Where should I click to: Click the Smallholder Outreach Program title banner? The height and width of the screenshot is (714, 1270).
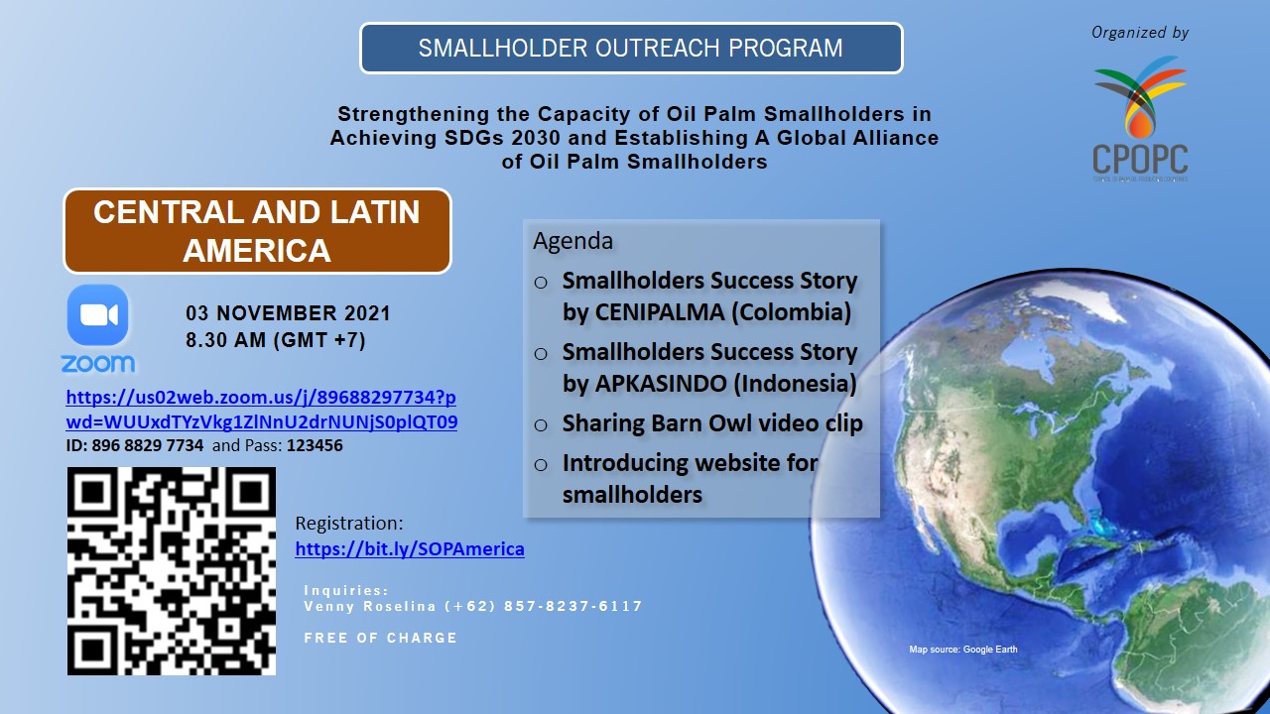point(631,49)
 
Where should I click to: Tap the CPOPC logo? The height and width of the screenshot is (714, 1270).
point(1140,118)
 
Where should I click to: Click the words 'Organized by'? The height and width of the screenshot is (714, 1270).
point(1140,33)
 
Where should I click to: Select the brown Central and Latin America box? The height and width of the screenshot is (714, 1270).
point(257,231)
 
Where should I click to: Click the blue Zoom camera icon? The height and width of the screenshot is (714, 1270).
point(97,315)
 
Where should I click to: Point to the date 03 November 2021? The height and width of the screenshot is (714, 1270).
point(288,313)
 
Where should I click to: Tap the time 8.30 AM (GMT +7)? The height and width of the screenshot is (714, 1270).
point(276,340)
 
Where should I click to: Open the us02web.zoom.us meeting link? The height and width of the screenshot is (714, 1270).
point(261,410)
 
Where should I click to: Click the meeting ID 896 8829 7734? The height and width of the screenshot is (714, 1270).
point(148,445)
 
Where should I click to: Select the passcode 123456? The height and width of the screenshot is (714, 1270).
point(315,445)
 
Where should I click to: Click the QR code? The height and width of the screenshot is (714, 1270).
point(172,571)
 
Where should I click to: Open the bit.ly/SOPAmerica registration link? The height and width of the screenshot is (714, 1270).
point(410,548)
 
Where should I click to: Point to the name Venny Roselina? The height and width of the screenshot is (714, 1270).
point(370,606)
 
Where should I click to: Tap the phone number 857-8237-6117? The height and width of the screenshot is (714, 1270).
point(572,606)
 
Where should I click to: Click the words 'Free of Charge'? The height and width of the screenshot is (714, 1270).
point(380,638)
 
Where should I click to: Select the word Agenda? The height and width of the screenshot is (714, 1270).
point(572,241)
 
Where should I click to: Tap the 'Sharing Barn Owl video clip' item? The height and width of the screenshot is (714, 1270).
point(712,423)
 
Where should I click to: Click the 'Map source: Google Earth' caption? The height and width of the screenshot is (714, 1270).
point(963,650)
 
